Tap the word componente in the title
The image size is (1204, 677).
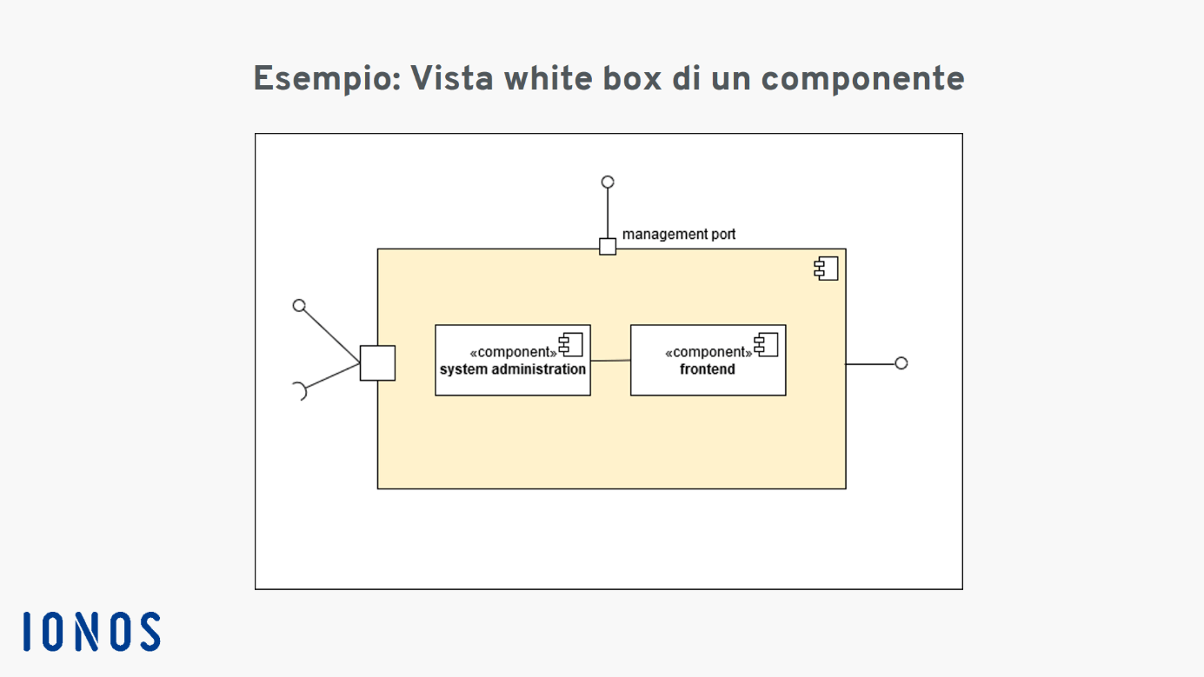863,78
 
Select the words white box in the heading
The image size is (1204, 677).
583,78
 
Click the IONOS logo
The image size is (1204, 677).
92,631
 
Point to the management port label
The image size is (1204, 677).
679,235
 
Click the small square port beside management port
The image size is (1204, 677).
608,247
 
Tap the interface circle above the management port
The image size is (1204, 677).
608,183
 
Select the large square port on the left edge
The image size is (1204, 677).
377,363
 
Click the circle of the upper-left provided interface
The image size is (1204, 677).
299,306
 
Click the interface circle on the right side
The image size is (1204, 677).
901,364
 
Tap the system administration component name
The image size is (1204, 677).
513,369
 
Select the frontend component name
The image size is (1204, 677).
708,369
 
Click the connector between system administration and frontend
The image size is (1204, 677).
610,361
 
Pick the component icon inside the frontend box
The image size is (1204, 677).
767,345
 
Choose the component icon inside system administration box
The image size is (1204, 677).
571,345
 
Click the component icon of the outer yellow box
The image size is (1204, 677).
826,269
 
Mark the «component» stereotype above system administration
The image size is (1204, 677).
513,352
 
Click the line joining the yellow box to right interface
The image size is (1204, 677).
871,364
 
